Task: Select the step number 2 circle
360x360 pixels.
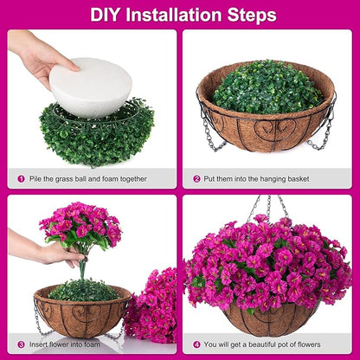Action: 197,179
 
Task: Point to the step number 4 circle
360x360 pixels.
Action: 197,344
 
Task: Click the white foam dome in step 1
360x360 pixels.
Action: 90,86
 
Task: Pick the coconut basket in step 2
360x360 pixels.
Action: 267,130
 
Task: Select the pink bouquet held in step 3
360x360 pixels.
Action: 80,225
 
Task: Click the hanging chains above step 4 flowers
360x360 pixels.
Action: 267,207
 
